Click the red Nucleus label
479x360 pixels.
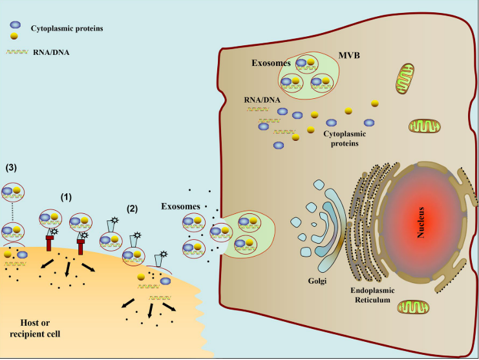pyautogui.click(x=420, y=222)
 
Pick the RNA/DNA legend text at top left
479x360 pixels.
pyautogui.click(x=48, y=55)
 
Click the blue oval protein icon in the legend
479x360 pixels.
pyautogui.click(x=15, y=25)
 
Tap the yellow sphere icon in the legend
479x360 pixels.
pyautogui.click(x=15, y=36)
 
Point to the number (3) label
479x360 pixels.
pyautogui.click(x=11, y=167)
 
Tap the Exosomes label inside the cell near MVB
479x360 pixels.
pyautogui.click(x=271, y=64)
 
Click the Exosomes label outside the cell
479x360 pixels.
pyautogui.click(x=178, y=207)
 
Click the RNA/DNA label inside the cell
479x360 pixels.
pyautogui.click(x=262, y=100)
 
